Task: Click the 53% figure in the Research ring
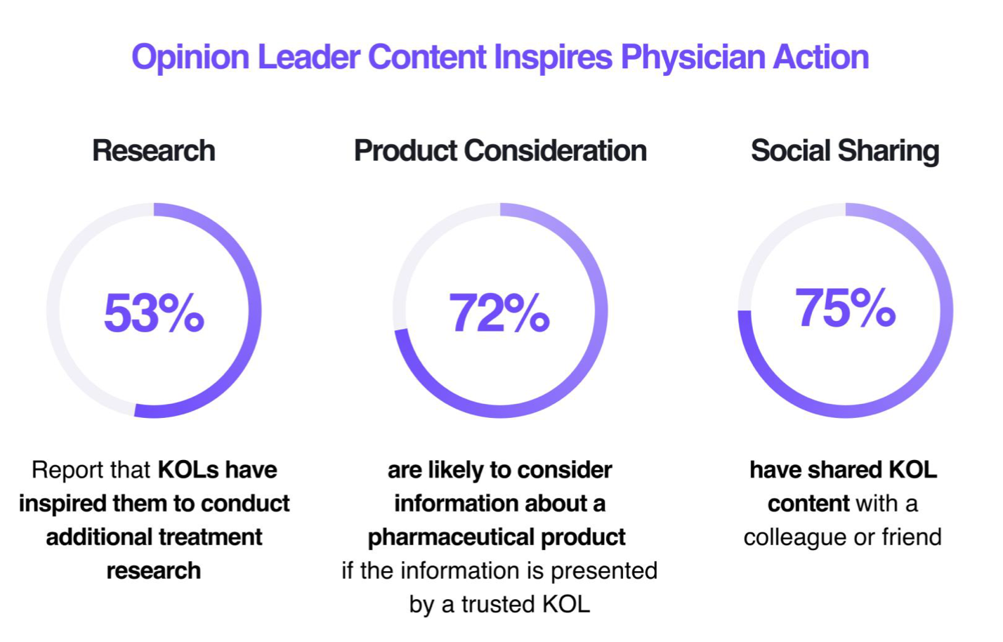point(154,313)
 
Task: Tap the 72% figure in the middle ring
point(499,313)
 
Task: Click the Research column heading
point(154,151)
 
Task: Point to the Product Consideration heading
point(500,151)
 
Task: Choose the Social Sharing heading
point(845,151)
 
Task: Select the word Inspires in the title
point(553,58)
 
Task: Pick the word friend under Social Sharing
point(911,537)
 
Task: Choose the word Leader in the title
point(309,58)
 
